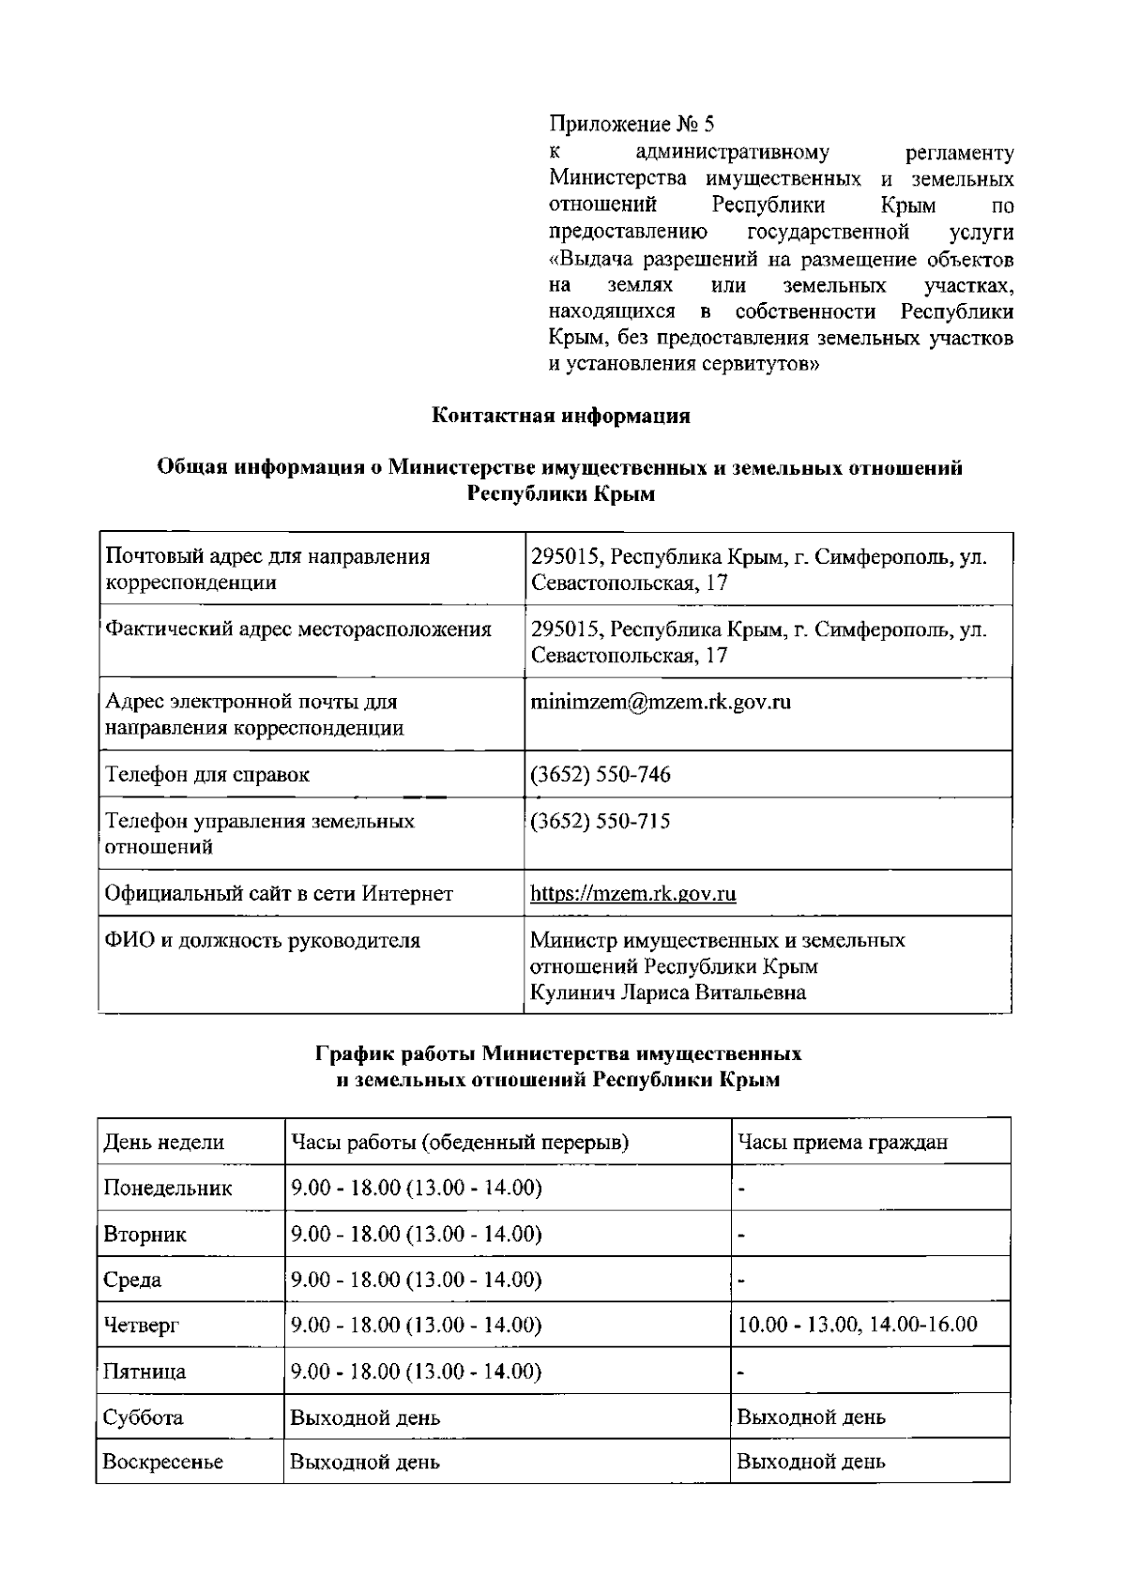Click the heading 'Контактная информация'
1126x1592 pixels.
point(560,417)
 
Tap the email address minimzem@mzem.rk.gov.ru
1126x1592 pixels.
point(661,702)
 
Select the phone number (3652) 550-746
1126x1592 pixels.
point(601,775)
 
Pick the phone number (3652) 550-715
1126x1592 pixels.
point(601,822)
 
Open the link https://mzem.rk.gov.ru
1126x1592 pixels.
point(633,894)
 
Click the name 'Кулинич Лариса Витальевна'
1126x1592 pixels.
point(668,993)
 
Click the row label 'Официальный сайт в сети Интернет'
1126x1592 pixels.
point(279,894)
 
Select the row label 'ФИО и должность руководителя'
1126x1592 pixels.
point(262,940)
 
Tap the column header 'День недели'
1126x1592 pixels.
point(163,1142)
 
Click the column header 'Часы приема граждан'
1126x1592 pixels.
point(842,1142)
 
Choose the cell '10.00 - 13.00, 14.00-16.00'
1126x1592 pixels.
point(857,1325)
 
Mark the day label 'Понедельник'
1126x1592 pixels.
point(167,1189)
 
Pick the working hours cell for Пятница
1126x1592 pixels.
point(416,1372)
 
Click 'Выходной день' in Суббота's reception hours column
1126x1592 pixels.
point(811,1417)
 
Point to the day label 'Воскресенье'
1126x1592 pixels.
point(163,1463)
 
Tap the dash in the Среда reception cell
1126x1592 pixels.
point(741,1281)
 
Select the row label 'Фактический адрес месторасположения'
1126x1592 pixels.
point(297,629)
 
